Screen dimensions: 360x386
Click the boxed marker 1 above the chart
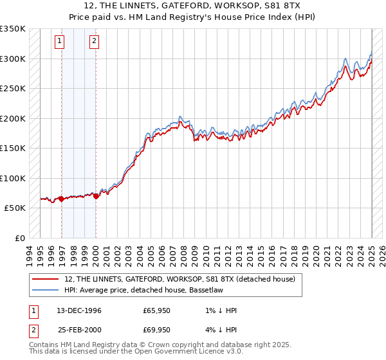point(60,42)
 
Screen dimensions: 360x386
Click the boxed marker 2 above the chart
point(94,42)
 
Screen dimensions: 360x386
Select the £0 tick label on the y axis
point(19,238)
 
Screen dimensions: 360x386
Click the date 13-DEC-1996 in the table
point(78,310)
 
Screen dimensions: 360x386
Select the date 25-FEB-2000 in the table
point(78,329)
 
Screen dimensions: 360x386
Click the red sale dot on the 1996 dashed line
point(62,199)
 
